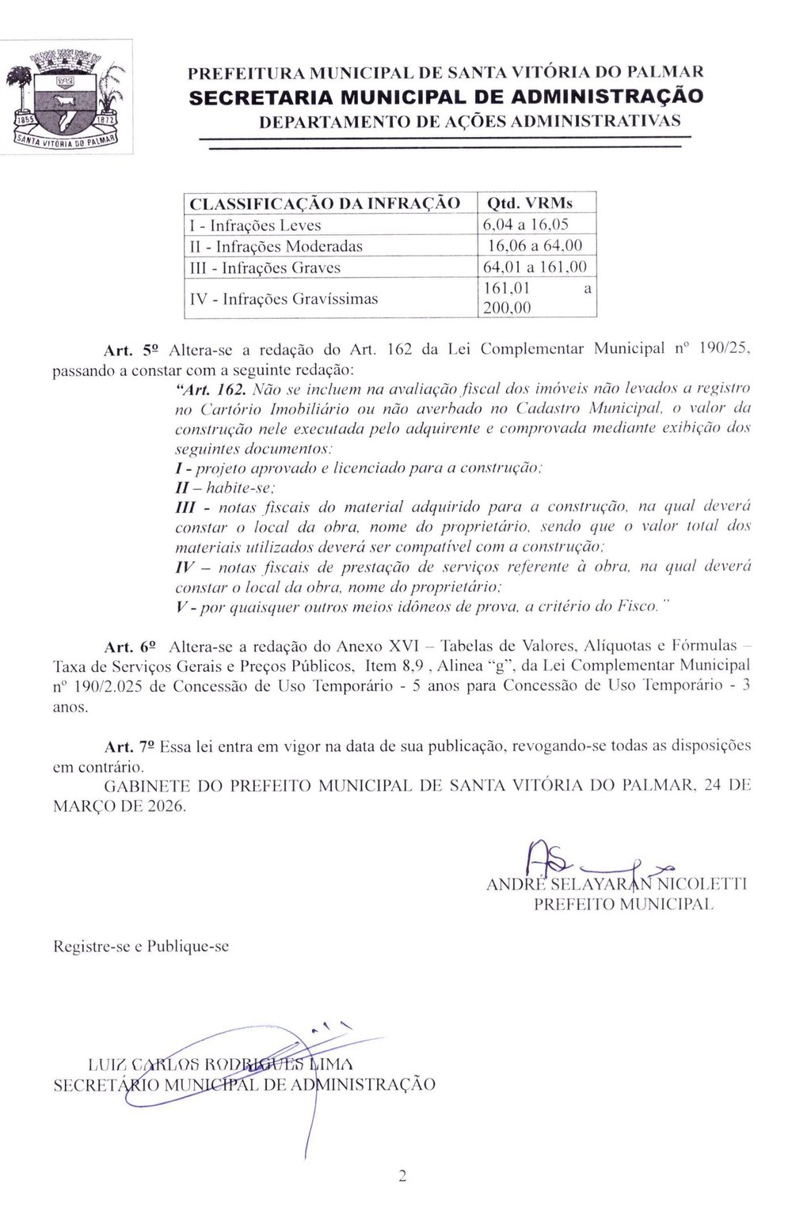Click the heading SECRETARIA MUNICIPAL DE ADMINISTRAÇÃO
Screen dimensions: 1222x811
(x=445, y=97)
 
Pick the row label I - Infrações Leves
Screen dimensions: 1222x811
(x=256, y=225)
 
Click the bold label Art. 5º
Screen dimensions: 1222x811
(x=132, y=349)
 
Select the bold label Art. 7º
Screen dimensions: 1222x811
(x=131, y=746)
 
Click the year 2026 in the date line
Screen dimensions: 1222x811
(x=165, y=806)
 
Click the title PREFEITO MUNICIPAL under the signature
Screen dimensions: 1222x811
(x=623, y=904)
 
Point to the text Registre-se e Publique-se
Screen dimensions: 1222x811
(x=141, y=946)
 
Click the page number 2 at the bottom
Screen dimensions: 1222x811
(x=402, y=1177)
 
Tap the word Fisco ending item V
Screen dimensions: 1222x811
(x=638, y=607)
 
